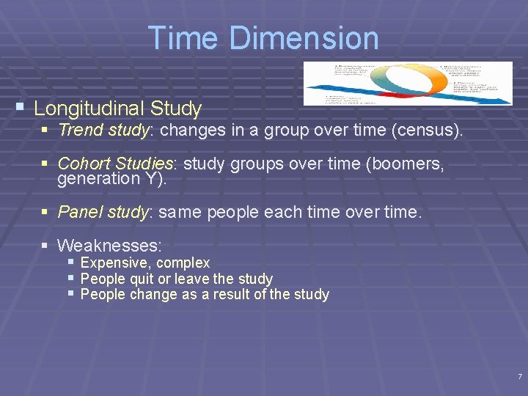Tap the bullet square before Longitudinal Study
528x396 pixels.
point(21,107)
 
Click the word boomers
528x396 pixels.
point(411,164)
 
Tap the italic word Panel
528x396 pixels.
point(80,213)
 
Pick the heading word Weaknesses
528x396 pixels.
point(109,245)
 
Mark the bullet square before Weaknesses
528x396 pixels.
point(45,244)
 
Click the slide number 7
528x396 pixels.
point(519,377)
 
